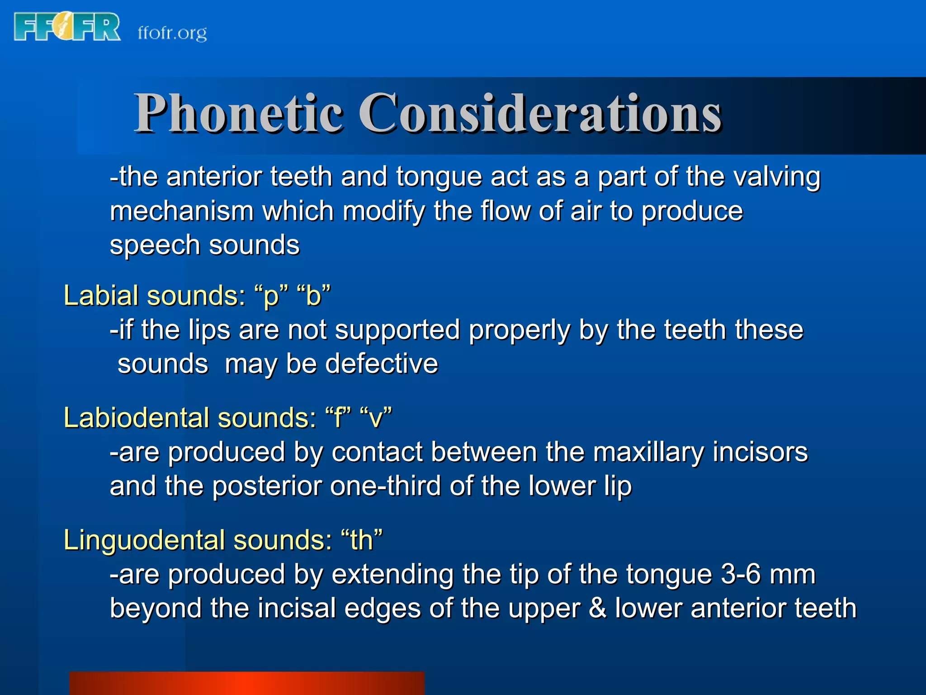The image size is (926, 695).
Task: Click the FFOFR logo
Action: coord(67,27)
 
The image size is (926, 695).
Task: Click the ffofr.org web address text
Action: coord(172,33)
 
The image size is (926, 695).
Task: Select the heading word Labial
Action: coord(101,295)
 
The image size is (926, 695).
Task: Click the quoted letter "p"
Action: coord(271,296)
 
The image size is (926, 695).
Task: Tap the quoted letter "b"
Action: coord(314,295)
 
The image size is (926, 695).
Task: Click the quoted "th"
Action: coord(362,540)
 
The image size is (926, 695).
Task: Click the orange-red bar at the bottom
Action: coord(246,683)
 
